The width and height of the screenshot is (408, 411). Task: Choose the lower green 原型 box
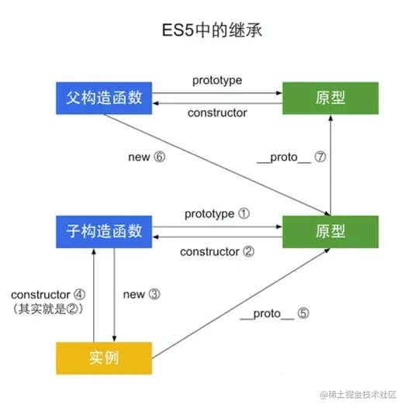[330, 231]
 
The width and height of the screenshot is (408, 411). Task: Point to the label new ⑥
[147, 157]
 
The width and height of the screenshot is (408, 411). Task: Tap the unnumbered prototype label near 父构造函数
[216, 81]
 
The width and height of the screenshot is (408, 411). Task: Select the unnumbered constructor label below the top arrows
[217, 113]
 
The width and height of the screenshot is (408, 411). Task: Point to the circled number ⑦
[320, 157]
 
